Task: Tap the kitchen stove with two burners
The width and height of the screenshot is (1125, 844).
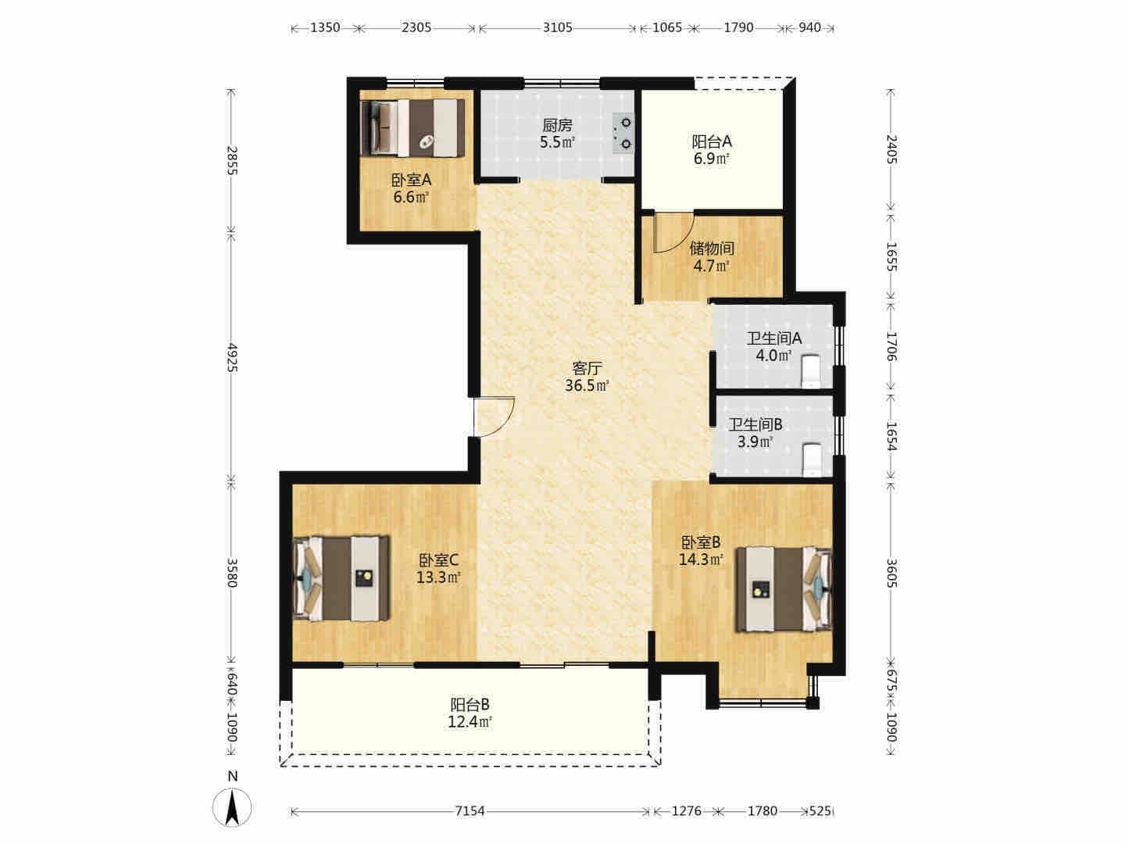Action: pos(623,133)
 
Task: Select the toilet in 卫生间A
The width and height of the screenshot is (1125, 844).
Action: pos(811,371)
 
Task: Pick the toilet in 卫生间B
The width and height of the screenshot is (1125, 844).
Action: pos(811,460)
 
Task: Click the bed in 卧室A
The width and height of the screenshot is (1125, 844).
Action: pos(412,127)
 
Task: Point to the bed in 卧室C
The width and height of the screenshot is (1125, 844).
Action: pos(341,578)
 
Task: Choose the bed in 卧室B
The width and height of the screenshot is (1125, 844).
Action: pos(784,589)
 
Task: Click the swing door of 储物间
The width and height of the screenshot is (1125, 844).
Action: pos(673,233)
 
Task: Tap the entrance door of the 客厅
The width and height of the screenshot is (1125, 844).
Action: pos(493,417)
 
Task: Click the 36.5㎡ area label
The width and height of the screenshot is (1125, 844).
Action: pos(587,385)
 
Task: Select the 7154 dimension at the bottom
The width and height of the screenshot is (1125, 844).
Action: pos(470,810)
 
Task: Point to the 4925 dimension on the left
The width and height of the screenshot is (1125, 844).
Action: pos(232,358)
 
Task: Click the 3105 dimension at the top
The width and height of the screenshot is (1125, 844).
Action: pos(558,27)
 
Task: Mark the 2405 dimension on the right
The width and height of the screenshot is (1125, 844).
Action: pos(892,148)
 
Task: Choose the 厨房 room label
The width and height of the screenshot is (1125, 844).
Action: pos(557,125)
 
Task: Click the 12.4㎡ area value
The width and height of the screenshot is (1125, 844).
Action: pos(470,722)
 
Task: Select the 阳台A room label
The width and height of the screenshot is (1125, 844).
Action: pos(712,141)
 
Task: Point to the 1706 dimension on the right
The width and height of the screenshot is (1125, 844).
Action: pos(892,346)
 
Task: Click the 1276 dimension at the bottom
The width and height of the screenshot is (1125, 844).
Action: pos(686,810)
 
